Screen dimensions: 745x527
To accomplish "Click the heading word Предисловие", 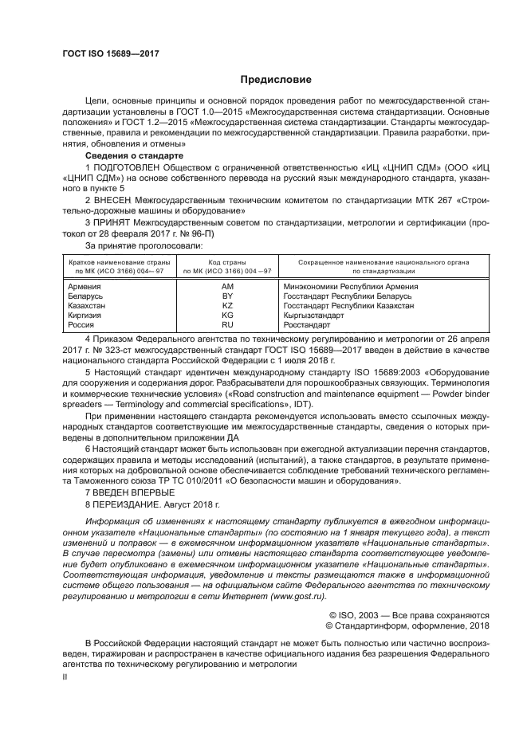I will coord(269,80).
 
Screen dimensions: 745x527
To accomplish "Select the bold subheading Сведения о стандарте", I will coord(130,157).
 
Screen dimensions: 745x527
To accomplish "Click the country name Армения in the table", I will coord(85,287).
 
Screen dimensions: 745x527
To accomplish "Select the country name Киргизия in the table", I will coord(86,316).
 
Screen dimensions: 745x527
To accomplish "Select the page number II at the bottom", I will coord(66,676).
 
